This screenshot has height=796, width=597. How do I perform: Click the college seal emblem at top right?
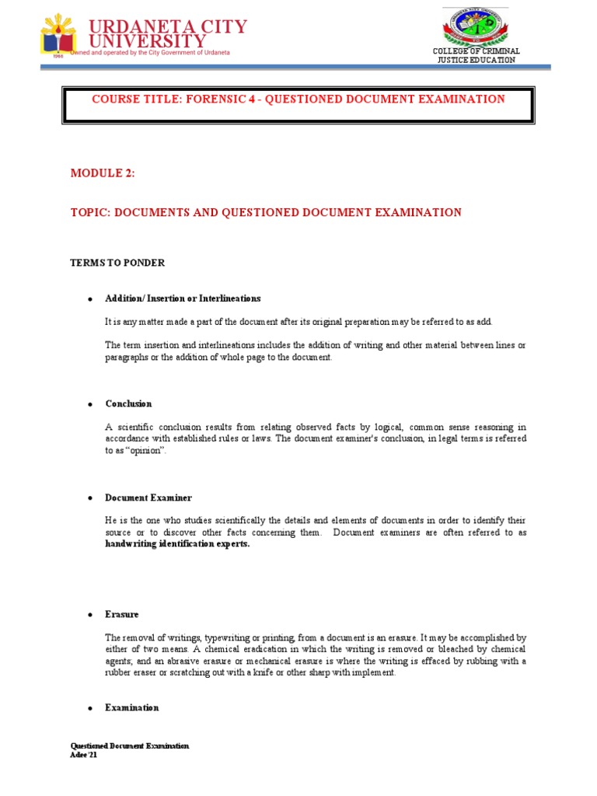click(475, 27)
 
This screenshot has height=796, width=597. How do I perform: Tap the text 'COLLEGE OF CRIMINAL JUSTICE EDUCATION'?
click(477, 55)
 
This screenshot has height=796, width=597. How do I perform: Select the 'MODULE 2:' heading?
click(103, 173)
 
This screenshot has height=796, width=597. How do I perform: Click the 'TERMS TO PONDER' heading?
click(117, 263)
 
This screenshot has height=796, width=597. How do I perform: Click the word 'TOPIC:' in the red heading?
click(90, 212)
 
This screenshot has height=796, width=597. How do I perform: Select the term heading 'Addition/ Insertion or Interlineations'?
click(183, 298)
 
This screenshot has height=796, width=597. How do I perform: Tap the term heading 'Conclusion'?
click(128, 404)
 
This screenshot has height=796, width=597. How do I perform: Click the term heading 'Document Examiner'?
click(148, 497)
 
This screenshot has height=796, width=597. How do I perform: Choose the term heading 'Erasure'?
click(122, 614)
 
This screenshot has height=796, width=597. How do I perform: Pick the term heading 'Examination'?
click(132, 707)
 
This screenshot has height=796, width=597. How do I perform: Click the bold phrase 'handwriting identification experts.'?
click(178, 544)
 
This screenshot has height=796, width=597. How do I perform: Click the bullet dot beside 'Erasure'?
click(90, 615)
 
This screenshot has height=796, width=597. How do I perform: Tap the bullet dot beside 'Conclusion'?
click(90, 405)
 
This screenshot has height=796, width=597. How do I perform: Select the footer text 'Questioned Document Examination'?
click(129, 745)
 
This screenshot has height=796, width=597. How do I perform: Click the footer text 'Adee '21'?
click(85, 756)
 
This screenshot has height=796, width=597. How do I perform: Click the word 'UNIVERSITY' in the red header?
click(148, 40)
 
